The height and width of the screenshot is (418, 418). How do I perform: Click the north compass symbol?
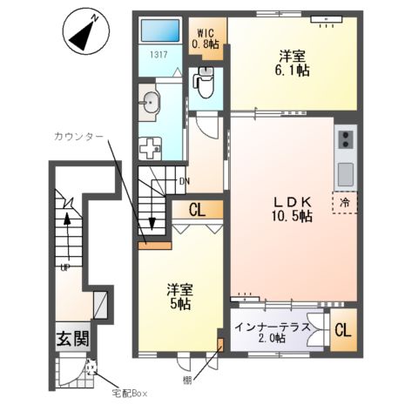point(86,30)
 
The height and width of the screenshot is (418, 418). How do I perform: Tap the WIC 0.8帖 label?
point(206,38)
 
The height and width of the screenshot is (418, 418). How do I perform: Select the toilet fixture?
point(205,84)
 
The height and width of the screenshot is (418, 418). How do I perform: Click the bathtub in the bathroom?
point(160,30)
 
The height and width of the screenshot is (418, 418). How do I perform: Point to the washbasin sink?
point(150,102)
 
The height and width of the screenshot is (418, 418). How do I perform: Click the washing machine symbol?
point(150,148)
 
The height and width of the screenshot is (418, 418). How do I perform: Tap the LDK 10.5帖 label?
point(293,209)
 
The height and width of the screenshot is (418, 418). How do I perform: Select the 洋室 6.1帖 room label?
point(293,63)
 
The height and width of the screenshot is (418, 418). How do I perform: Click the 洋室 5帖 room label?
point(179,296)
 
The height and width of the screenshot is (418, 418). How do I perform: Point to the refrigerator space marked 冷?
point(345,203)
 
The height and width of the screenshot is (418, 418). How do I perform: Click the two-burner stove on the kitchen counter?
point(346,139)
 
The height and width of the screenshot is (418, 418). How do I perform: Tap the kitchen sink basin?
point(345,174)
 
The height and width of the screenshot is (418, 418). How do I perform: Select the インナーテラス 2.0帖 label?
point(272,333)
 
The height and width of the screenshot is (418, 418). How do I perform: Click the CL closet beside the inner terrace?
point(343,330)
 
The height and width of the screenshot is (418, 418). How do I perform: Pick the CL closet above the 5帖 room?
point(198,210)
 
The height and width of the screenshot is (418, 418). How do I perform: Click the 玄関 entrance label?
point(72,339)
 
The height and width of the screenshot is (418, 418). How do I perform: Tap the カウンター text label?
point(78,136)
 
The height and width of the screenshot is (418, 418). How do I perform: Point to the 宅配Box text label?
point(130,394)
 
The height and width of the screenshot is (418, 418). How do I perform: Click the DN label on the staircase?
point(185,182)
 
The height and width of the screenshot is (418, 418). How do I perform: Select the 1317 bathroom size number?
point(158,54)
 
